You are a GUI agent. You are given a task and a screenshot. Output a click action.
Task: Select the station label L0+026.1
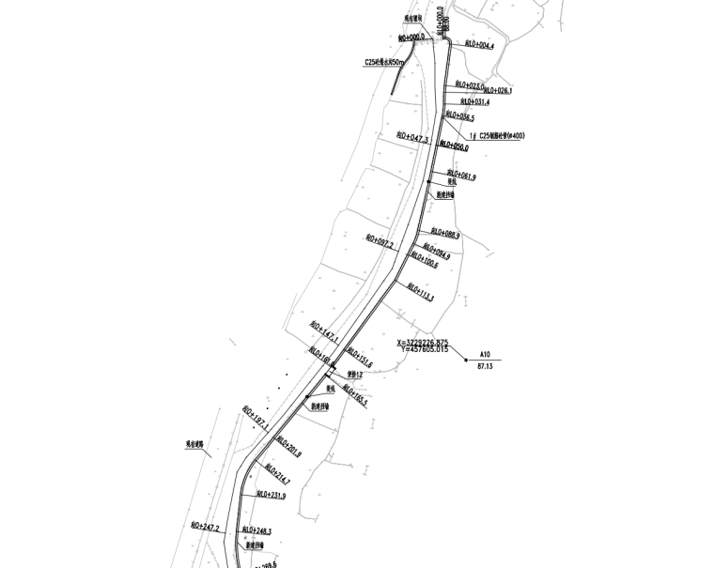tap(497, 91)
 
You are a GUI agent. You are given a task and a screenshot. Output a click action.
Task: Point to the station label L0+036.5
tap(460, 118)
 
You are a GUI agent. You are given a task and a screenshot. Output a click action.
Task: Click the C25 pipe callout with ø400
tap(498, 136)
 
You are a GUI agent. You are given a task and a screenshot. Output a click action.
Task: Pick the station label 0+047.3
tap(413, 137)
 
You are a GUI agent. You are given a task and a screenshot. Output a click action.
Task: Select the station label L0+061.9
tap(461, 176)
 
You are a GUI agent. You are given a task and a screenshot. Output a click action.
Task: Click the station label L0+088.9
tap(445, 233)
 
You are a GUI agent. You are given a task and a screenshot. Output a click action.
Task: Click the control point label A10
tap(485, 354)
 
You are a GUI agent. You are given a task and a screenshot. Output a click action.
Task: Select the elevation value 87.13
tap(485, 366)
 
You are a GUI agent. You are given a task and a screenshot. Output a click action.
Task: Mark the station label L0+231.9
tap(271, 495)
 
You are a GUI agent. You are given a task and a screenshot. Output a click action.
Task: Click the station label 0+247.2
tap(205, 528)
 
